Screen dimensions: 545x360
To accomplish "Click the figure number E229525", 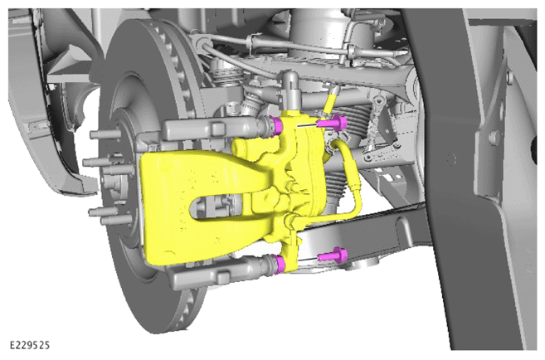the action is pos(30,345).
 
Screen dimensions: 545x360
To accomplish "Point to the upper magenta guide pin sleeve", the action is pos(277,126).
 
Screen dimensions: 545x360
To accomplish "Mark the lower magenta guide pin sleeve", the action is pos(280,264).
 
